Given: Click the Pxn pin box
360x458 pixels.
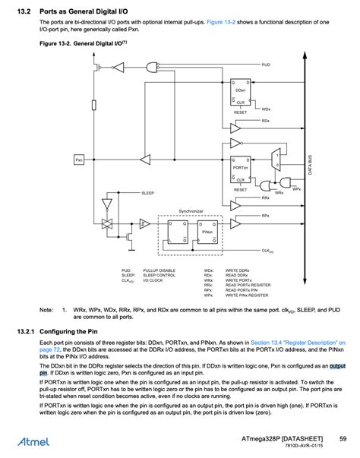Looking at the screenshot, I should pos(79,160).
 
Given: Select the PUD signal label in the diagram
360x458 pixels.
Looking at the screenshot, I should pos(267,65).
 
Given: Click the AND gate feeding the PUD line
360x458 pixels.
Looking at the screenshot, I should pos(118,68).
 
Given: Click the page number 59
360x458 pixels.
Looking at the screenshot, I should pos(343,439).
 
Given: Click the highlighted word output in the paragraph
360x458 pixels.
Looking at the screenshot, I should pos(337,366).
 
